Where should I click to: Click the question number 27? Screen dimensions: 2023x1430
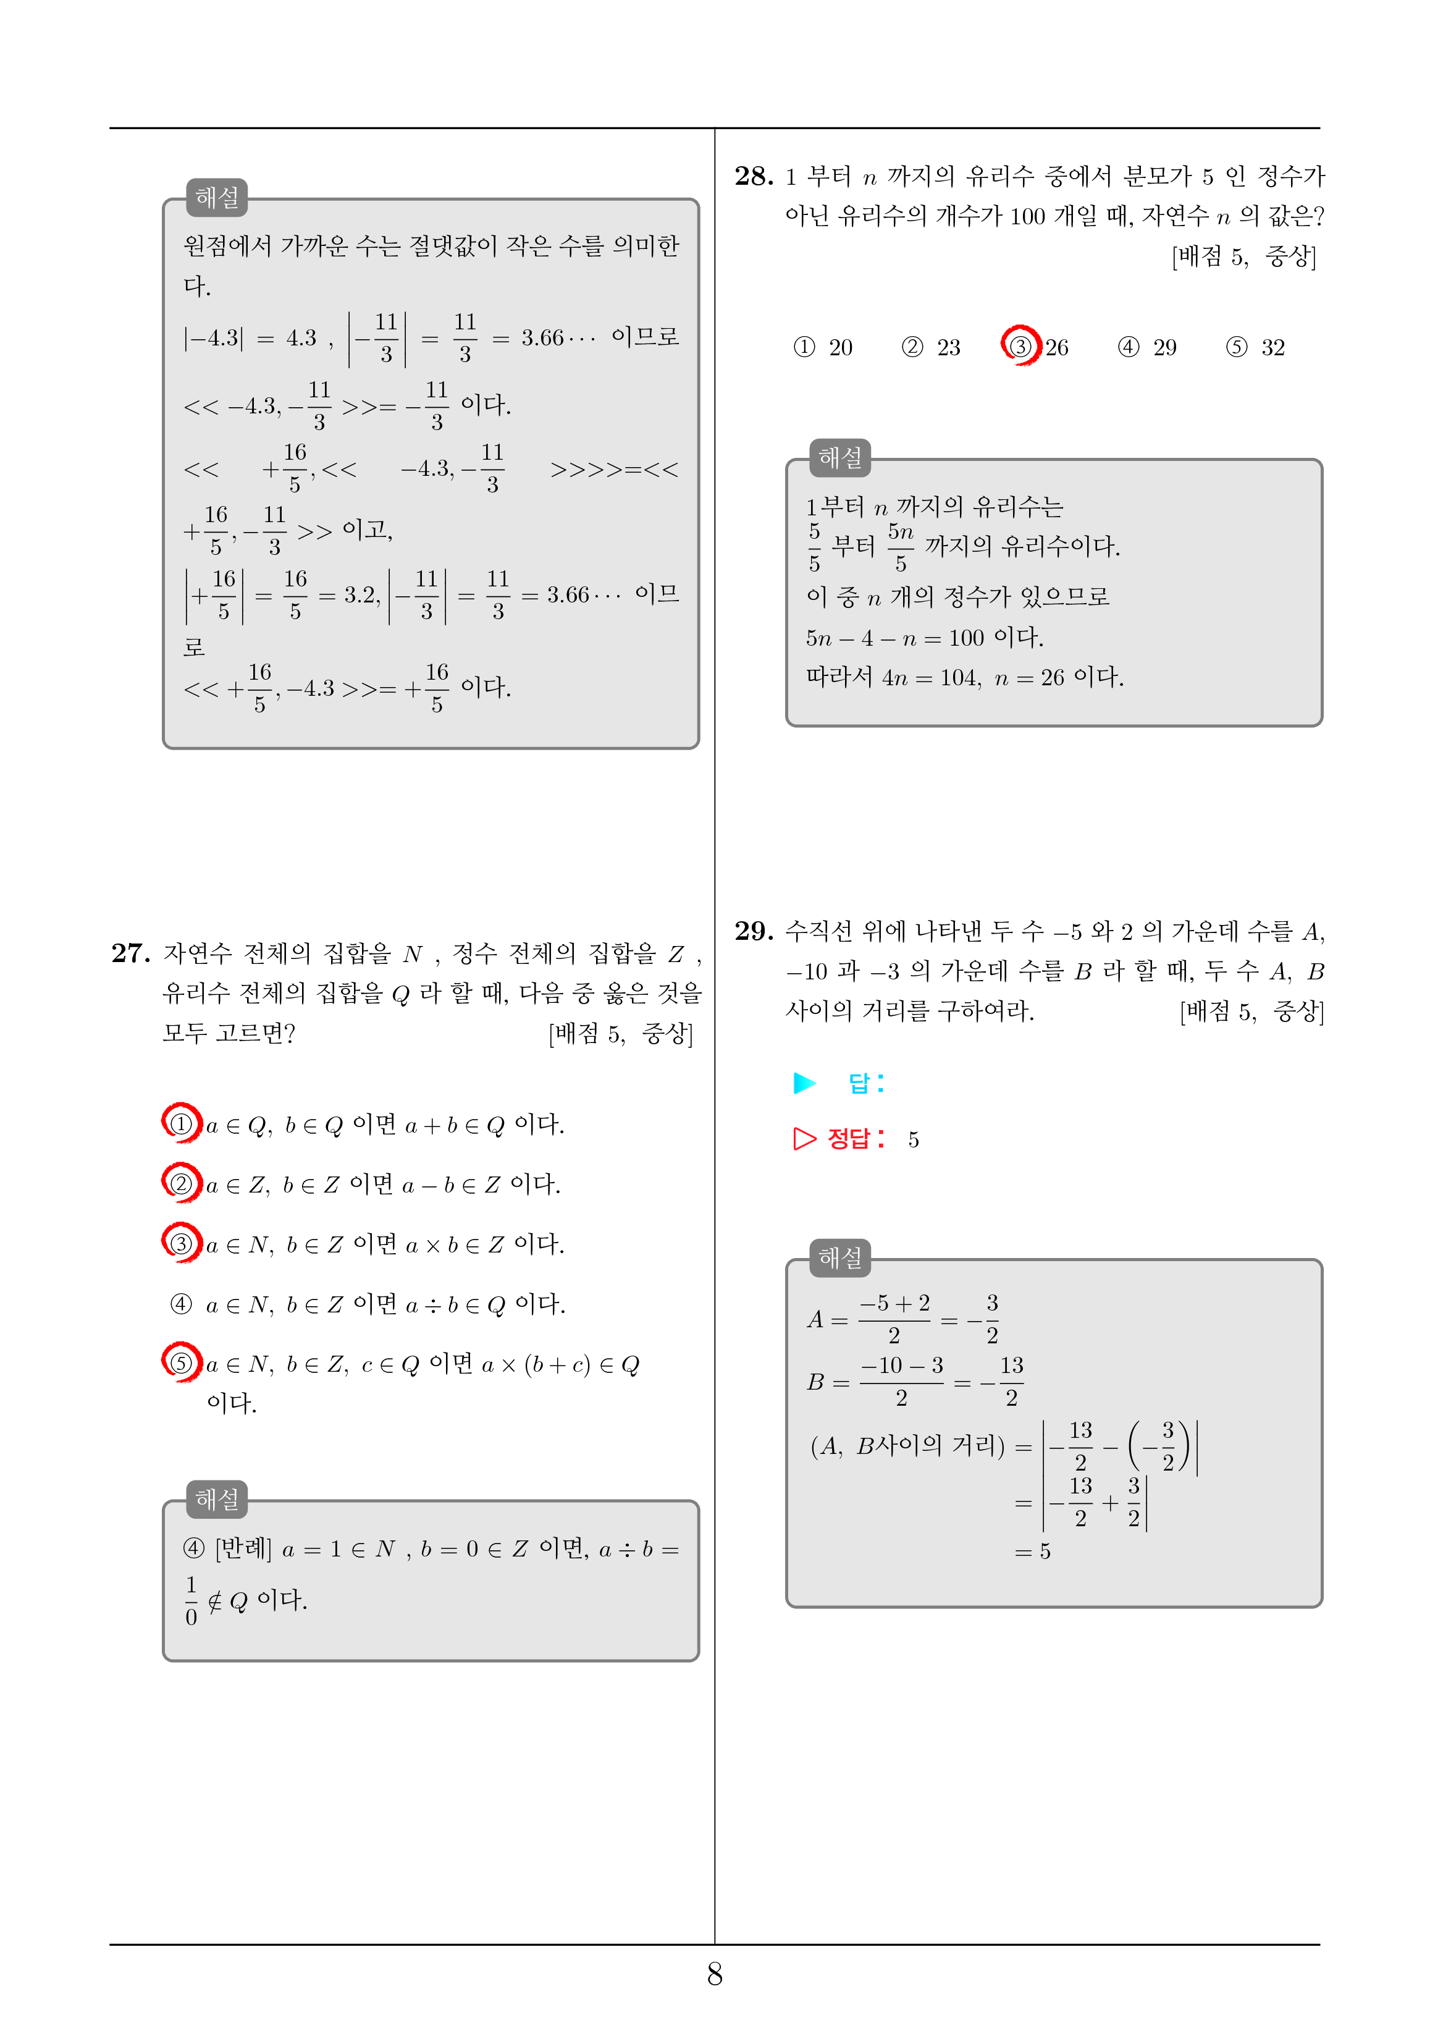coord(130,953)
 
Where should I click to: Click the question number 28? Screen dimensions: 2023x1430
coord(754,176)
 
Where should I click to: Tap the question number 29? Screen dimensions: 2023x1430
coord(754,931)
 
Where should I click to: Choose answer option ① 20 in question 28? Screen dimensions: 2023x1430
coord(823,347)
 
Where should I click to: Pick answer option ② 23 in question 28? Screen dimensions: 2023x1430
coord(930,347)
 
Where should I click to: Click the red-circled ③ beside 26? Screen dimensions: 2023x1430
coord(1020,345)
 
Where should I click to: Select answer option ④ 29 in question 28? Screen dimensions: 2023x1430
coord(1147,347)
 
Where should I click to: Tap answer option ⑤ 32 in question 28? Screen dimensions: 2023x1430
coord(1255,347)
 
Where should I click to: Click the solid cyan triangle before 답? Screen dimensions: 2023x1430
coord(804,1083)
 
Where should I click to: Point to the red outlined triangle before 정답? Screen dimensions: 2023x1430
coord(804,1139)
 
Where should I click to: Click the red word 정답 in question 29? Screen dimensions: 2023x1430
coord(849,1139)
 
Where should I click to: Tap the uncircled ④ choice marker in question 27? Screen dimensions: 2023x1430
coord(180,1304)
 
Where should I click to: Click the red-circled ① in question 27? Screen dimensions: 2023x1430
coord(180,1123)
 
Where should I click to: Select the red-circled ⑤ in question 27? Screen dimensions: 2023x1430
coord(180,1363)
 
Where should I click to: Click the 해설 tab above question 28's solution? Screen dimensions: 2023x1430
coord(839,458)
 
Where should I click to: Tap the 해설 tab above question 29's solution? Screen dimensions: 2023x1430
coord(839,1258)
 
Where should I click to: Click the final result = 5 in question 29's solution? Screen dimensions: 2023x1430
coord(1033,1552)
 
